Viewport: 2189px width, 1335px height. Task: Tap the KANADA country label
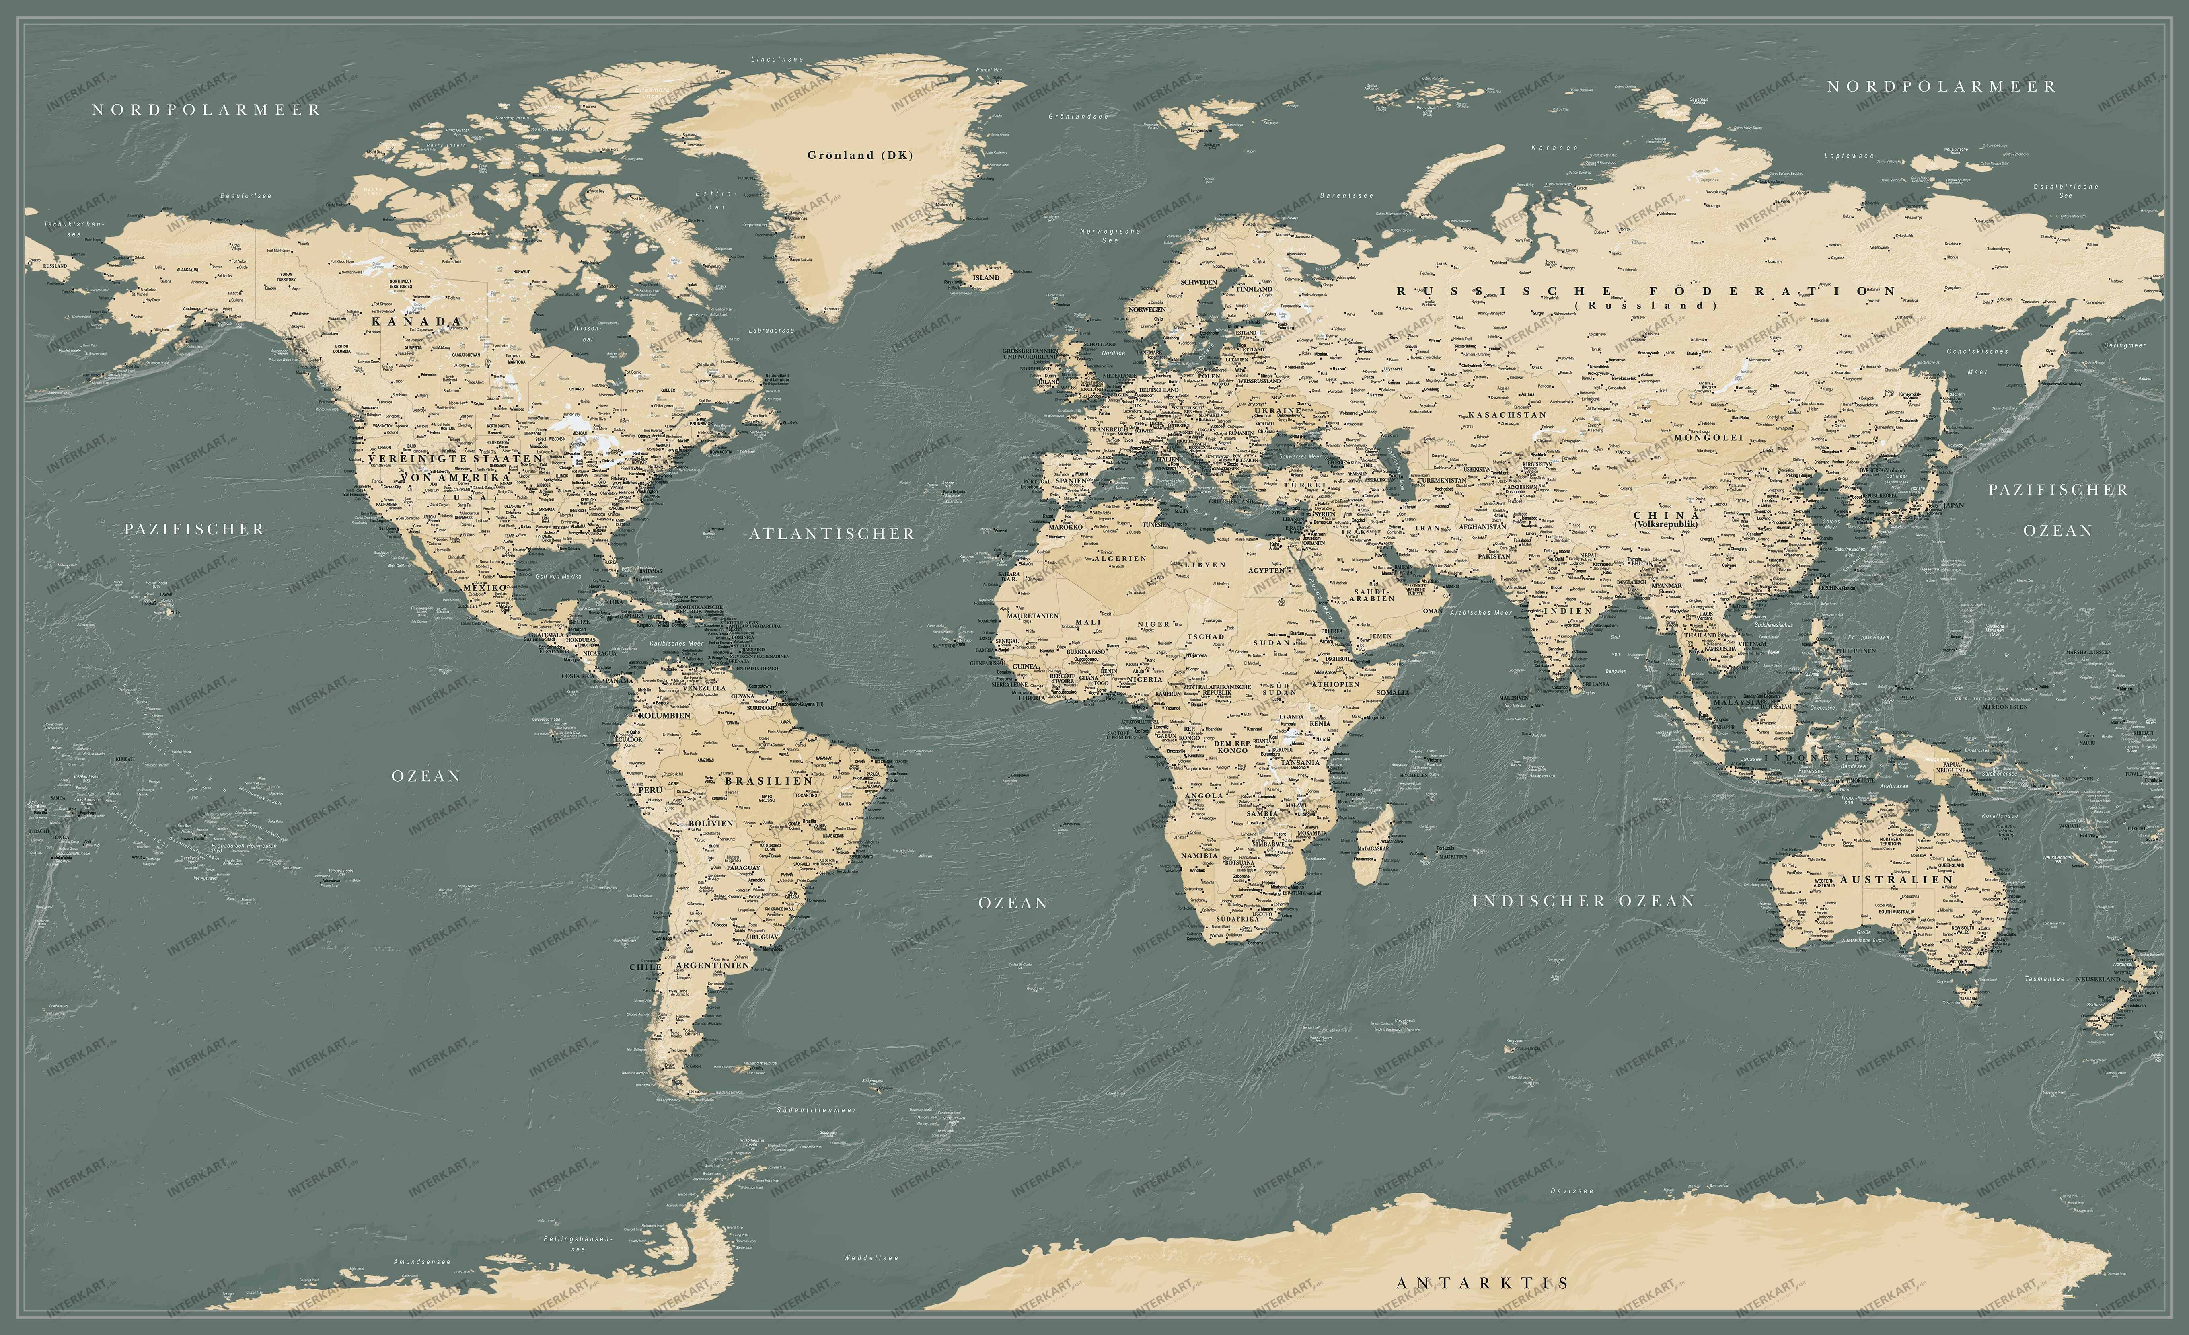417,322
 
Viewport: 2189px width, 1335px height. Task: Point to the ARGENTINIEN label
713,965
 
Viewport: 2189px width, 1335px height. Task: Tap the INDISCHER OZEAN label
1583,901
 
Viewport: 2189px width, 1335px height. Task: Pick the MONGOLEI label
1708,438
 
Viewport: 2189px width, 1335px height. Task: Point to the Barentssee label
1346,195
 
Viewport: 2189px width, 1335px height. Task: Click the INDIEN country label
1567,611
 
